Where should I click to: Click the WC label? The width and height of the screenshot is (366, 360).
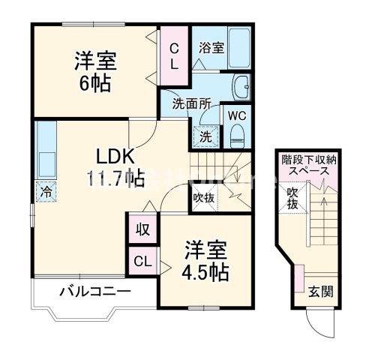pyautogui.click(x=237, y=116)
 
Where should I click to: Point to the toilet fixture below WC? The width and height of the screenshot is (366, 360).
pyautogui.click(x=238, y=133)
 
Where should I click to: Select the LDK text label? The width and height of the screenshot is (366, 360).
pyautogui.click(x=114, y=156)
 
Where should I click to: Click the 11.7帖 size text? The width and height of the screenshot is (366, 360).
pyautogui.click(x=114, y=178)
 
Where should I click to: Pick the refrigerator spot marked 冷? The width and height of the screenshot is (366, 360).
pyautogui.click(x=45, y=192)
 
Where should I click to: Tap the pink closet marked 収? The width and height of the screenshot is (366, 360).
pyautogui.click(x=142, y=229)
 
